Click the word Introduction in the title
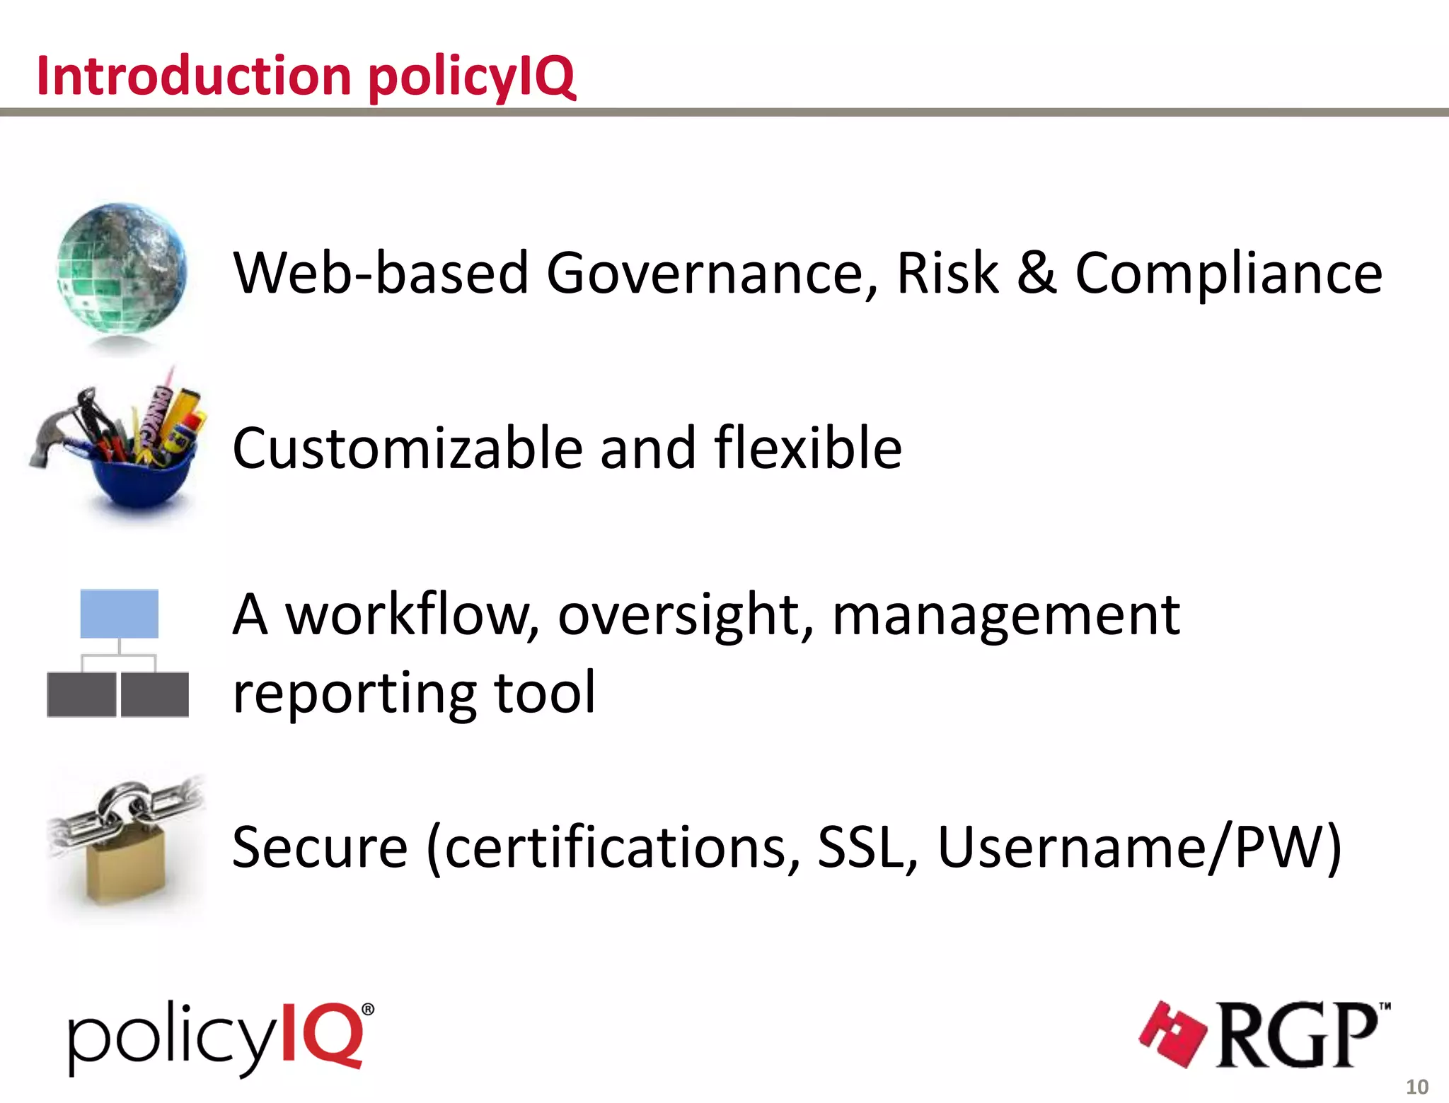pyautogui.click(x=194, y=76)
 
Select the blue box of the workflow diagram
pyautogui.click(x=119, y=614)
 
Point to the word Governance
pyautogui.click(x=712, y=274)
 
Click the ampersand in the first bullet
pyautogui.click(x=1037, y=273)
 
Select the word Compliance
pyautogui.click(x=1228, y=274)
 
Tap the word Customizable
pyautogui.click(x=407, y=448)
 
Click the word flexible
pyautogui.click(x=808, y=448)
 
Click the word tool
pyautogui.click(x=545, y=693)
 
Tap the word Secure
pyautogui.click(x=320, y=847)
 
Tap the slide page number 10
pyautogui.click(x=1416, y=1087)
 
